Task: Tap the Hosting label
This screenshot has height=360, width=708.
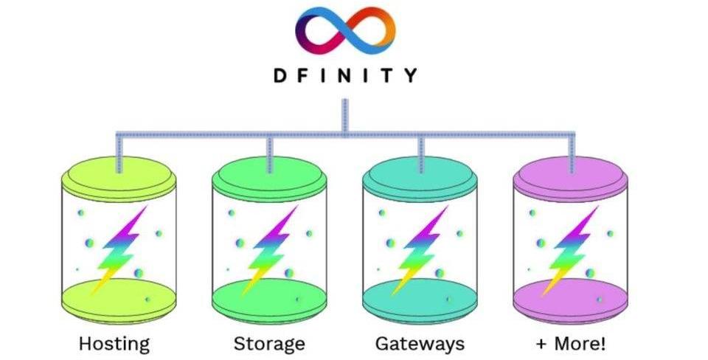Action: tap(114, 343)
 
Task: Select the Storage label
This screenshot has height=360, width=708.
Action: tap(269, 343)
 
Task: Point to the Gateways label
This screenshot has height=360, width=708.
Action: tap(420, 343)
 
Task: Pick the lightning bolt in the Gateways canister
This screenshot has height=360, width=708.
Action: tap(421, 248)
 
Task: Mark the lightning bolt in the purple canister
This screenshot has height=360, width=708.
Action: tap(572, 248)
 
